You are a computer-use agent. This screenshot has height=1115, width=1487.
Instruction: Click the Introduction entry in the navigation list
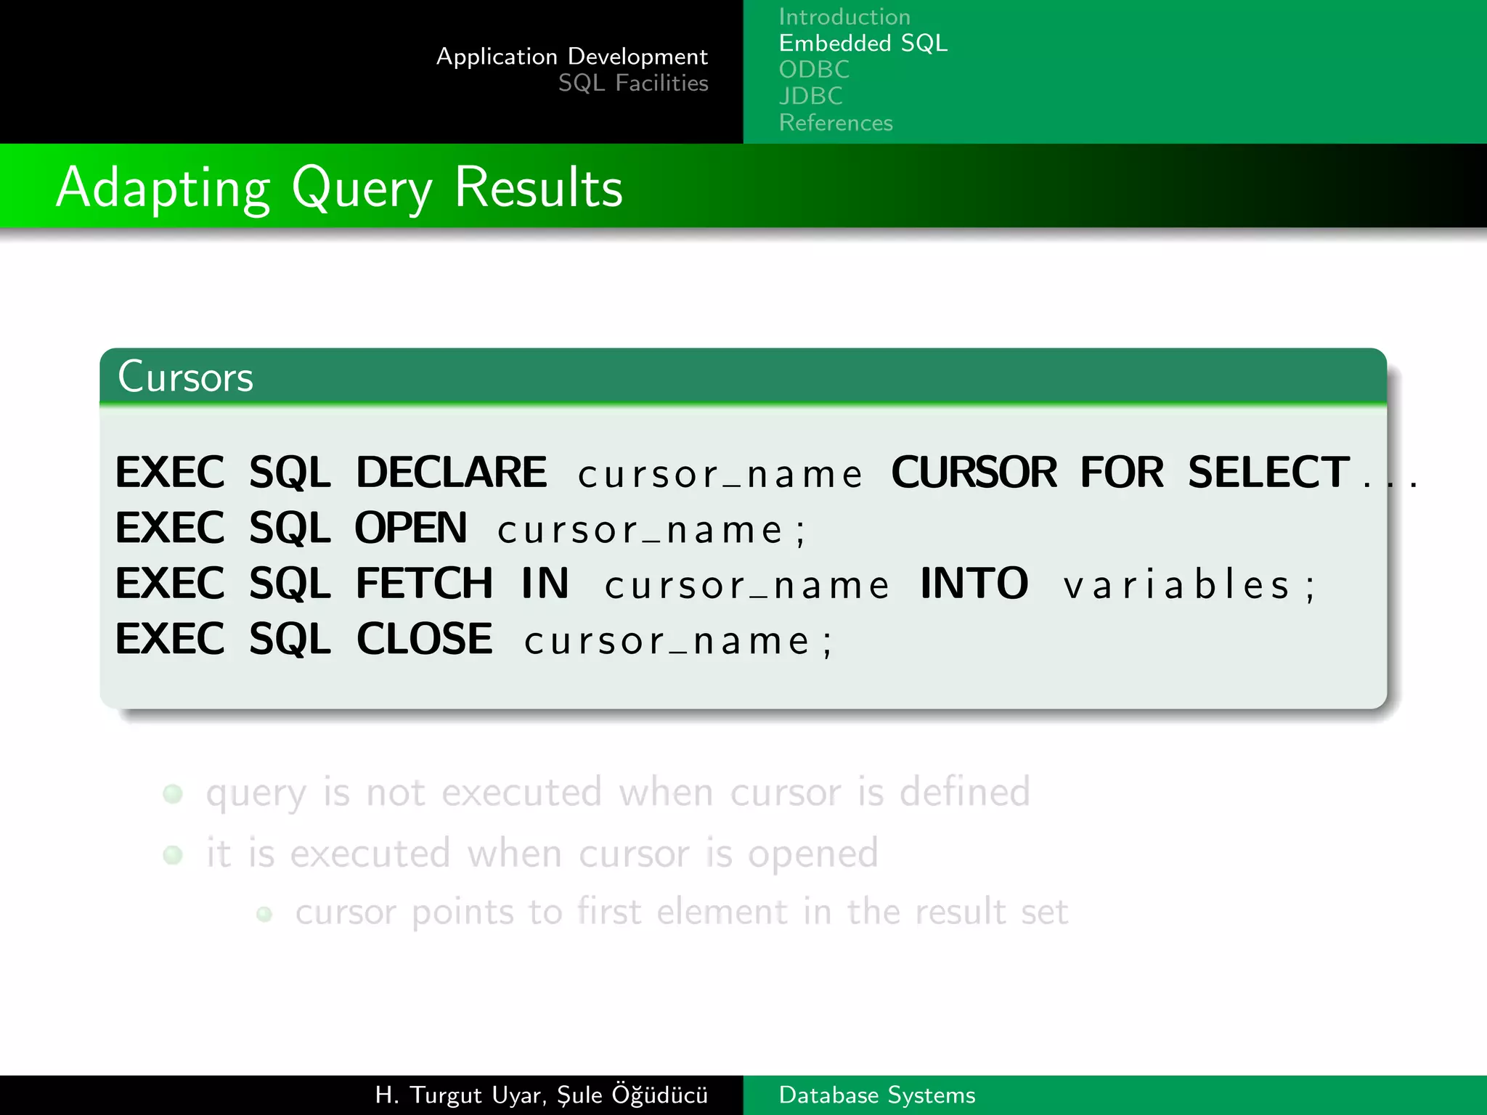(844, 17)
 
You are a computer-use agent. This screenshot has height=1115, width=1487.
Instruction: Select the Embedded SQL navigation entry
(863, 44)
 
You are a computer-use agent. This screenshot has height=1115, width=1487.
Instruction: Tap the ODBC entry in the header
(814, 70)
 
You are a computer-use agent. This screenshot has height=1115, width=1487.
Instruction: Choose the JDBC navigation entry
(810, 96)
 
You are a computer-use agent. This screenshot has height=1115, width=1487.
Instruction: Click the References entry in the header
(835, 123)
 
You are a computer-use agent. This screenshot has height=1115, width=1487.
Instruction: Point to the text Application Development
(571, 57)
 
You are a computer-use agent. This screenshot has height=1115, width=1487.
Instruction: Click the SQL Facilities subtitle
(632, 83)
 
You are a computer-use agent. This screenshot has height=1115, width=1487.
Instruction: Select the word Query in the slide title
(361, 188)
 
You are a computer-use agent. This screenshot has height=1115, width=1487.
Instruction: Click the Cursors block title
(185, 377)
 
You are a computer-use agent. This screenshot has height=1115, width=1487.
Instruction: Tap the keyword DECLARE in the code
(451, 473)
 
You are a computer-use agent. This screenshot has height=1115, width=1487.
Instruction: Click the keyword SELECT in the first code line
(1268, 473)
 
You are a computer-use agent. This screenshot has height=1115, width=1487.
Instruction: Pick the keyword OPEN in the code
(411, 528)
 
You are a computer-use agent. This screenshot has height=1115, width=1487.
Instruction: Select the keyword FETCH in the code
(425, 584)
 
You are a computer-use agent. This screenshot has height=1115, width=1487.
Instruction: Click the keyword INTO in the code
(974, 584)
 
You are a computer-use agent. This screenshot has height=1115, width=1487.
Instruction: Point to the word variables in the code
(1177, 585)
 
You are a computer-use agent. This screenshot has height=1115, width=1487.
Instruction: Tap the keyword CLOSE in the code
(424, 640)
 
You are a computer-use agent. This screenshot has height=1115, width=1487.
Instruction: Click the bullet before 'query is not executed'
(173, 793)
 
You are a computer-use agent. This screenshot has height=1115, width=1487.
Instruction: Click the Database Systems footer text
(876, 1095)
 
